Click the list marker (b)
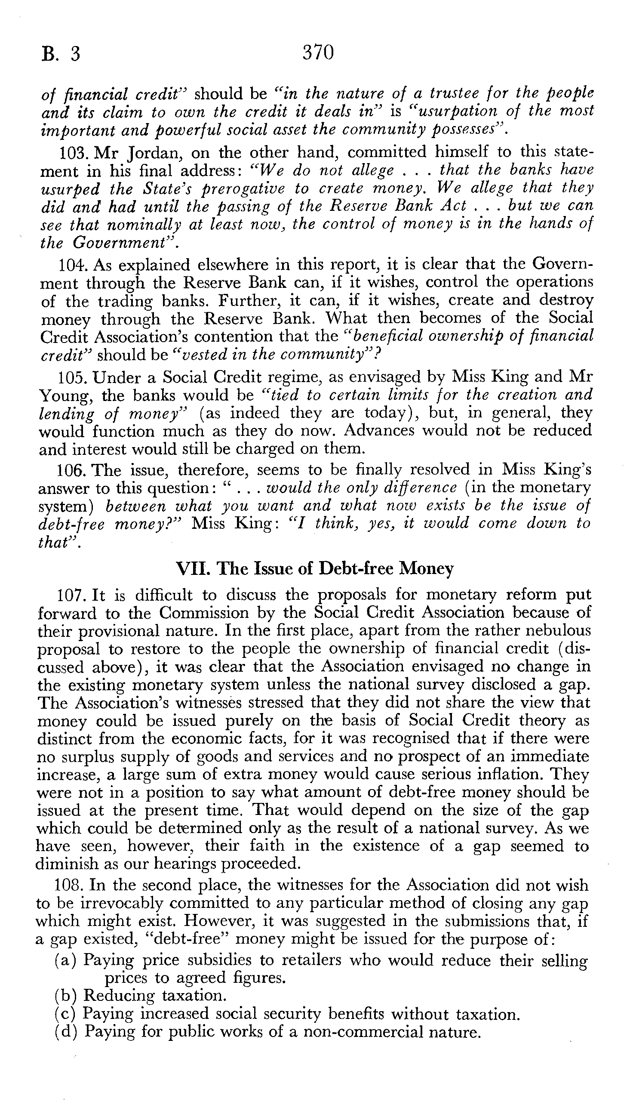pyautogui.click(x=65, y=996)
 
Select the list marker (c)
pyautogui.click(x=65, y=1014)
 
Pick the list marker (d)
pyautogui.click(x=65, y=1032)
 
